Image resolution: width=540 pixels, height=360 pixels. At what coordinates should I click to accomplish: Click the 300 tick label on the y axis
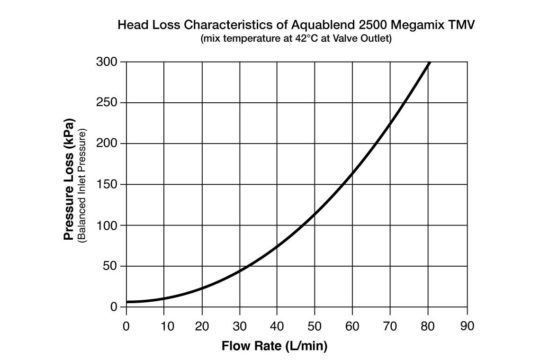tap(107, 62)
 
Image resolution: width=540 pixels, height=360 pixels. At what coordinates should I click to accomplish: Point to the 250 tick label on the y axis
tap(107, 103)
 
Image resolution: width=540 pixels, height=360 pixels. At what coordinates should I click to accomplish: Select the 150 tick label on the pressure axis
tap(107, 184)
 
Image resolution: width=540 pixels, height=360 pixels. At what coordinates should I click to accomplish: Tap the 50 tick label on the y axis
tap(110, 266)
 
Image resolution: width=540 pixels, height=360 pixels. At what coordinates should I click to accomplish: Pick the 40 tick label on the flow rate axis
tap(277, 326)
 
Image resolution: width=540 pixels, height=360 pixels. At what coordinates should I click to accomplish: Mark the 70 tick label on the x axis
tap(390, 326)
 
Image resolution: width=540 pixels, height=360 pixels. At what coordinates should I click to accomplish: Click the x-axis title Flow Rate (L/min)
tap(274, 346)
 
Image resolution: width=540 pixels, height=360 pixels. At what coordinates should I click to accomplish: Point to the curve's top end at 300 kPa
tap(429, 62)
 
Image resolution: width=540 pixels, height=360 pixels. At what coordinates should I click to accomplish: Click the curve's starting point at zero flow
tap(127, 302)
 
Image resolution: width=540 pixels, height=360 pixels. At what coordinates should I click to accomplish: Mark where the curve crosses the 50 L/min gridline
tap(315, 213)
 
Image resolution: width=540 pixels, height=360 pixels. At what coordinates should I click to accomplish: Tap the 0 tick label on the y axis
tap(114, 307)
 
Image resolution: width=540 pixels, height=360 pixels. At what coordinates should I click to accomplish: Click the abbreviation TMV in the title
tap(461, 25)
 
